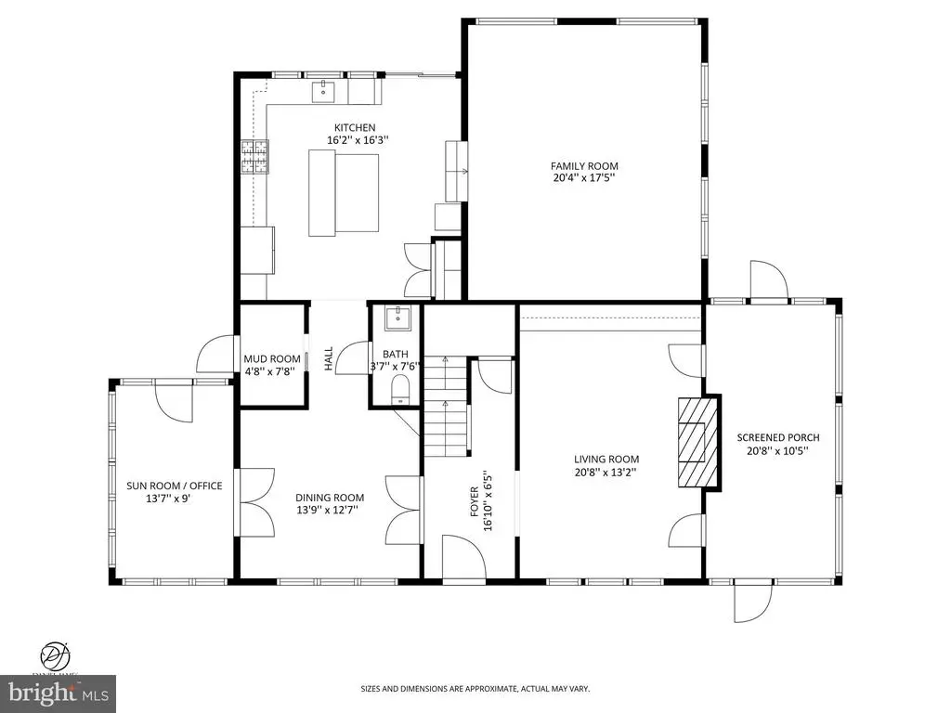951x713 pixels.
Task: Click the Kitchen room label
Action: [355, 127]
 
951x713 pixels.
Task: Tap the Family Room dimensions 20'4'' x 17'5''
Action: [585, 178]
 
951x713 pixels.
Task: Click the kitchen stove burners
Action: [254, 157]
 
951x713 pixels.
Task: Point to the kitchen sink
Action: [323, 92]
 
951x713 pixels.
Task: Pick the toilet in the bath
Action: [400, 389]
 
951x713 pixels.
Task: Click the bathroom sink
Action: [397, 318]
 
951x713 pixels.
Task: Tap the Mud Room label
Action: [272, 359]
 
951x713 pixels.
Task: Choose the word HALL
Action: [328, 359]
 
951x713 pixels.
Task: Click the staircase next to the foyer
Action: [447, 407]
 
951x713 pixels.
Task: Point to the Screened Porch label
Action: [778, 437]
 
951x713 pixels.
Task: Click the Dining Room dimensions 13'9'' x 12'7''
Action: [327, 510]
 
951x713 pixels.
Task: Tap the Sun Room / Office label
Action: [174, 486]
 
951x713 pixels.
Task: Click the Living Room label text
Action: [606, 460]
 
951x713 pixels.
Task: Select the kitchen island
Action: [344, 193]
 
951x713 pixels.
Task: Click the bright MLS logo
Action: [59, 692]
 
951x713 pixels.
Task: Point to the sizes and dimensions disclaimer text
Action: [475, 689]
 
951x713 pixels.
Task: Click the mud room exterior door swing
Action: [215, 354]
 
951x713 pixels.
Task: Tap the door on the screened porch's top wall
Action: [769, 279]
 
